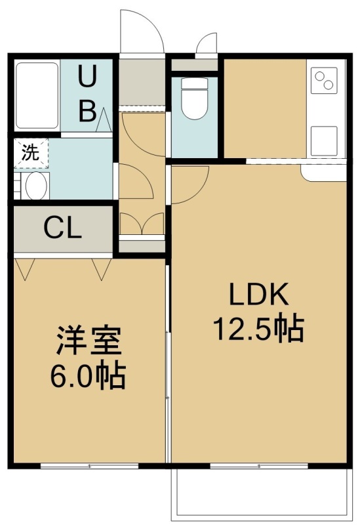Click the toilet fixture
click(193, 99)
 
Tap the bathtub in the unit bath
click(37, 95)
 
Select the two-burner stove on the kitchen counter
click(324, 80)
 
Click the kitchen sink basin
click(324, 141)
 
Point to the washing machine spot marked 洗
click(31, 153)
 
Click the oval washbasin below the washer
click(36, 186)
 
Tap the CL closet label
click(63, 228)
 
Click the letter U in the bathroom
click(87, 77)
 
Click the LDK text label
click(258, 293)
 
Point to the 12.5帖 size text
click(258, 329)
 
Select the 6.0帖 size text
click(88, 376)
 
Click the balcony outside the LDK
click(262, 493)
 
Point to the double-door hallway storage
click(142, 224)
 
